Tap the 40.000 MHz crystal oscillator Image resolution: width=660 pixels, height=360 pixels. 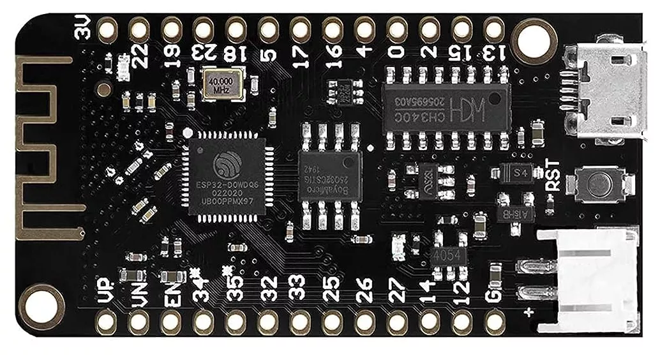[222, 85]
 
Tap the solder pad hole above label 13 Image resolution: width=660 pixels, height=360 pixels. [493, 29]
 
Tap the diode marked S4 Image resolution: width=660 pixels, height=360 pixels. [517, 172]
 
